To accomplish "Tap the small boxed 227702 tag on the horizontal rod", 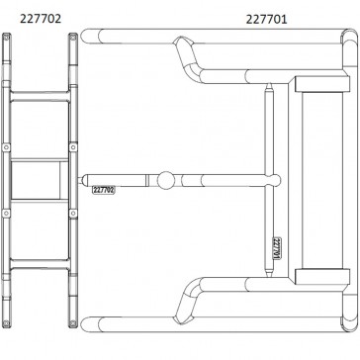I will [103, 187].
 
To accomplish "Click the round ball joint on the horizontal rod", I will [166, 180].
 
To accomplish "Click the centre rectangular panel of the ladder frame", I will [40, 180].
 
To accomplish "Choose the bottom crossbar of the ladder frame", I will [40, 267].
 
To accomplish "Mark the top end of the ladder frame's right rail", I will [72, 36].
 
